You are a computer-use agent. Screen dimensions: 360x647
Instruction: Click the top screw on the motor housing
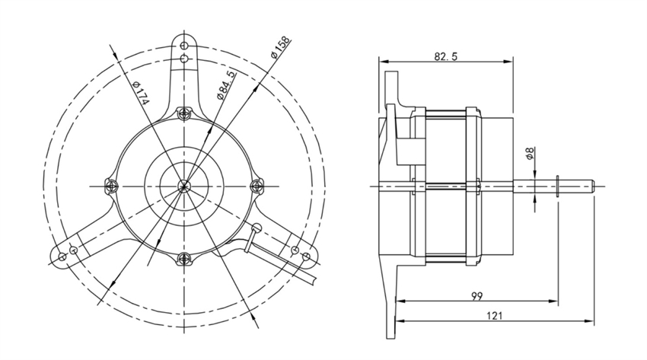[x=183, y=114]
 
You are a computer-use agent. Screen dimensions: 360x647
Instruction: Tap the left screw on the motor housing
[x=112, y=184]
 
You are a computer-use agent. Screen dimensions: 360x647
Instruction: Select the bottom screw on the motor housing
[x=183, y=256]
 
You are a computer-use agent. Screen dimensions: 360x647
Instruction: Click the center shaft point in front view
[x=183, y=185]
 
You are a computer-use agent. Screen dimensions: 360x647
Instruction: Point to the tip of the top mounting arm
[x=184, y=42]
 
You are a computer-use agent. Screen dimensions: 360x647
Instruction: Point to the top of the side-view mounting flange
[x=390, y=75]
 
